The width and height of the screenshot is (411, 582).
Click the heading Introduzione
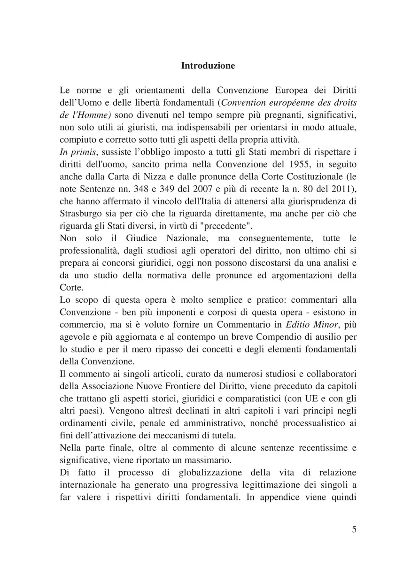pyautogui.click(x=208, y=66)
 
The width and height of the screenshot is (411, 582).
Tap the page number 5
pyautogui.click(x=354, y=529)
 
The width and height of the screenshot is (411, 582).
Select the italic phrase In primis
pyautogui.click(x=78, y=151)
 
